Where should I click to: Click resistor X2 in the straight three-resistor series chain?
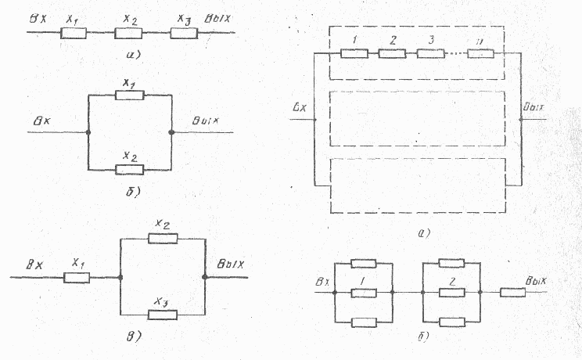click(128, 33)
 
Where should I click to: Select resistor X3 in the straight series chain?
click(184, 33)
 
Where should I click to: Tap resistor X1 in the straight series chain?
click(74, 33)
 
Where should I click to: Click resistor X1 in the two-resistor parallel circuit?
click(128, 95)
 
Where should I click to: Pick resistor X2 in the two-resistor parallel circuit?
click(128, 169)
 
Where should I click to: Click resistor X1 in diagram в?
click(76, 277)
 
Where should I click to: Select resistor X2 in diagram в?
click(163, 239)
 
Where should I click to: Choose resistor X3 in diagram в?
click(163, 315)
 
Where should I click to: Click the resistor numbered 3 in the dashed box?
click(430, 54)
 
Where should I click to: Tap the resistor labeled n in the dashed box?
click(480, 54)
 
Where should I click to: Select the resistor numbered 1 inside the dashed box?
click(354, 54)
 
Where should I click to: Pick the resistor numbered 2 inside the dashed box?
click(391, 54)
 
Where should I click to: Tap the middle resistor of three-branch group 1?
click(364, 293)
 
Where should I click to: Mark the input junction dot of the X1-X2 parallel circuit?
click(88, 132)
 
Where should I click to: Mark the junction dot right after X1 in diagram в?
click(119, 277)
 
